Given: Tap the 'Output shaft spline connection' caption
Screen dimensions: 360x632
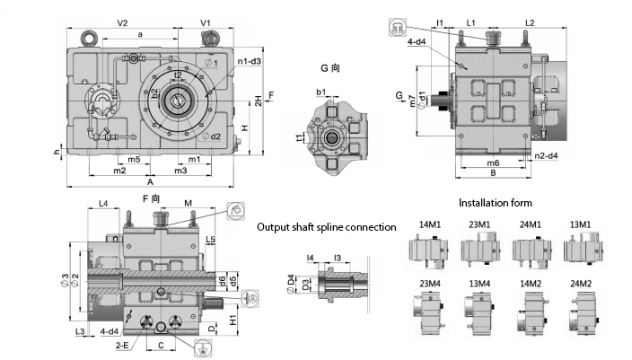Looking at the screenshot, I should click(325, 227).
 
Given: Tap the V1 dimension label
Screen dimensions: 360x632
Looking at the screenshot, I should click(205, 22).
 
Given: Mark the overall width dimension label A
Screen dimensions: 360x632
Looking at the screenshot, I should click(150, 181).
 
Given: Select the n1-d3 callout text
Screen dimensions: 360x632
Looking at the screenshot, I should click(250, 61).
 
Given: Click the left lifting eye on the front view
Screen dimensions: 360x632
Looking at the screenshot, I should click(89, 37).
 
